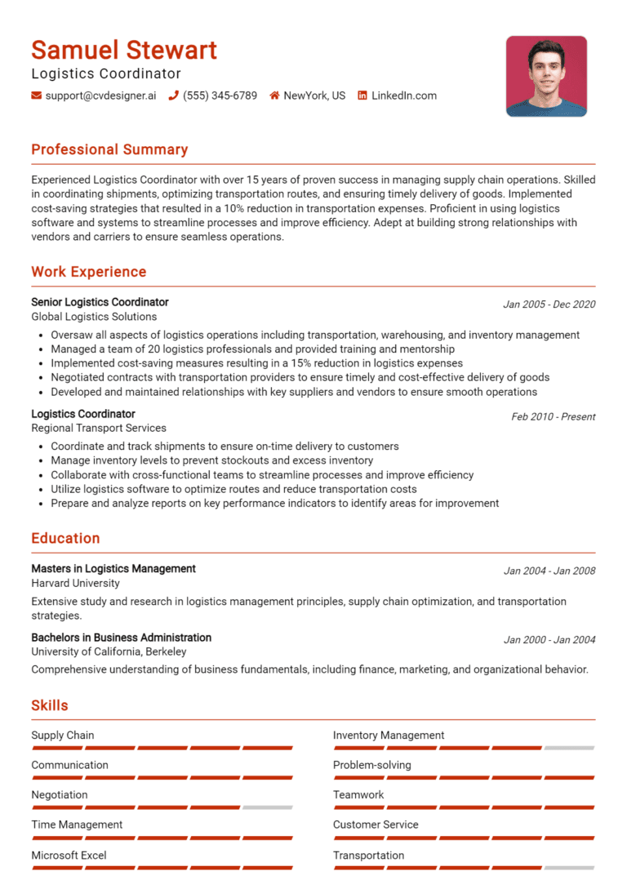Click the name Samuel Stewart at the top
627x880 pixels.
[x=124, y=50]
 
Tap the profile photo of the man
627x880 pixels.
[x=546, y=76]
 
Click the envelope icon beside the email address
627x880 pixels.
[x=36, y=96]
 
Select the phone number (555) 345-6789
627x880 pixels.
[x=220, y=96]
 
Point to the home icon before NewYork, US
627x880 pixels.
[x=274, y=96]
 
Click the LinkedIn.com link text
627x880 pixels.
[x=404, y=96]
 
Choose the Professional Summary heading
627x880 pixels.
[x=109, y=149]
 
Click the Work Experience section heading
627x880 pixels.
[x=88, y=272]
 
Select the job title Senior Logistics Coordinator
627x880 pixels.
[x=100, y=302]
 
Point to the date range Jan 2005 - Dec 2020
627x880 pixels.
[x=549, y=304]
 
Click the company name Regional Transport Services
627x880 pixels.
[x=99, y=428]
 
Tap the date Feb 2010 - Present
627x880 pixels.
[x=553, y=416]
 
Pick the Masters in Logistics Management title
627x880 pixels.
[x=113, y=568]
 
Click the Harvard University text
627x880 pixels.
[x=75, y=583]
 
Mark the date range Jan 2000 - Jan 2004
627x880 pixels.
[x=549, y=640]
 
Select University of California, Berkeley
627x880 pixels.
[x=109, y=651]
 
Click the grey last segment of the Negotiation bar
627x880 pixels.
[x=267, y=807]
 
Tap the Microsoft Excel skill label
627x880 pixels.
[x=69, y=855]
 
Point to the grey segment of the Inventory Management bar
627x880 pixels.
[x=569, y=748]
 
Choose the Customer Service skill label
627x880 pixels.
[x=376, y=824]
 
